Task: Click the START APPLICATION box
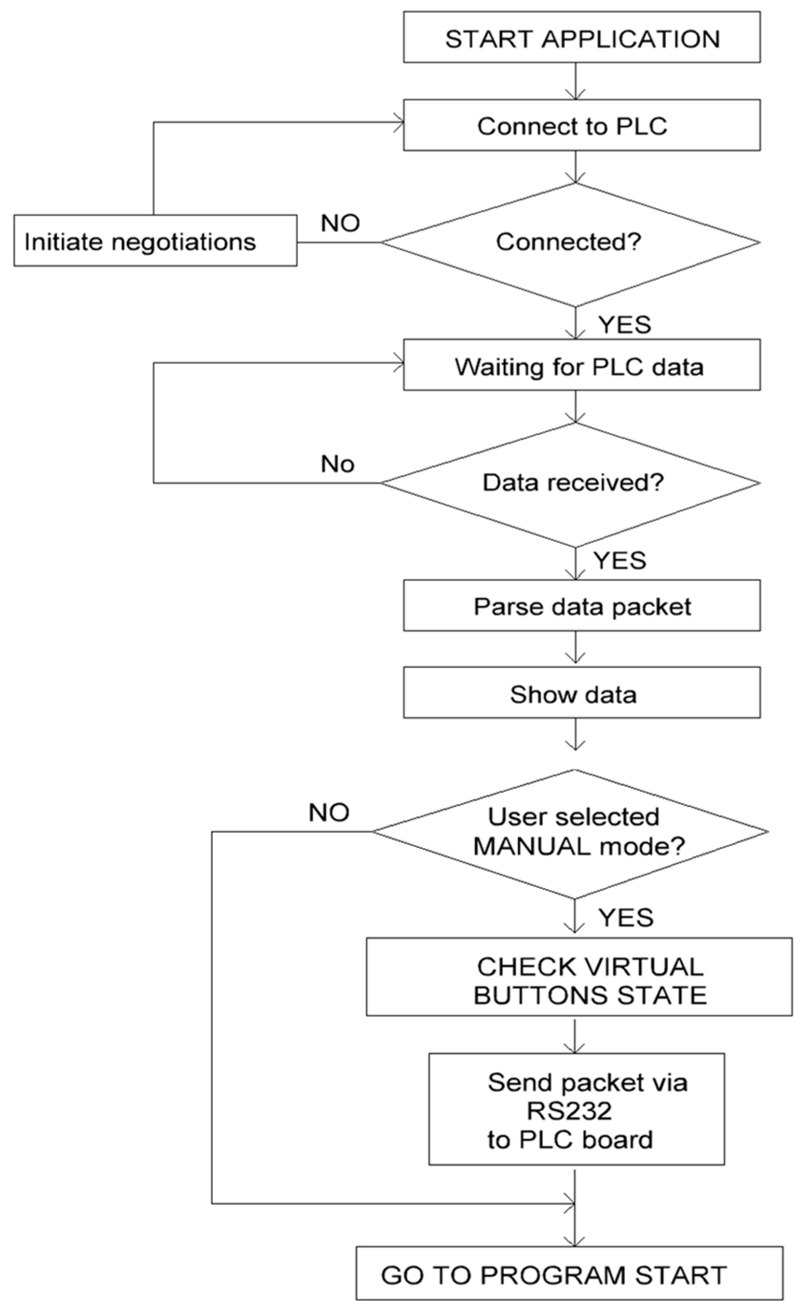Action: click(581, 37)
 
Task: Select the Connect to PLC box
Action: click(581, 125)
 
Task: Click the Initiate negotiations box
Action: click(155, 241)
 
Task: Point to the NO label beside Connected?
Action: click(340, 223)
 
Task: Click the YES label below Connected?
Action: click(624, 325)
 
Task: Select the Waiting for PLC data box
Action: click(581, 365)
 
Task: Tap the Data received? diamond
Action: click(571, 483)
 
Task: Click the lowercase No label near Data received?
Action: click(338, 464)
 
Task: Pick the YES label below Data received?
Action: click(620, 561)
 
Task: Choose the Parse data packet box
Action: click(581, 606)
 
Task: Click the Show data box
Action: click(581, 693)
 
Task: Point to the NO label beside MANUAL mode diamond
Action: click(329, 812)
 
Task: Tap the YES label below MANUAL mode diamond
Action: click(625, 917)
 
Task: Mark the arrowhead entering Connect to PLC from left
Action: click(398, 125)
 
